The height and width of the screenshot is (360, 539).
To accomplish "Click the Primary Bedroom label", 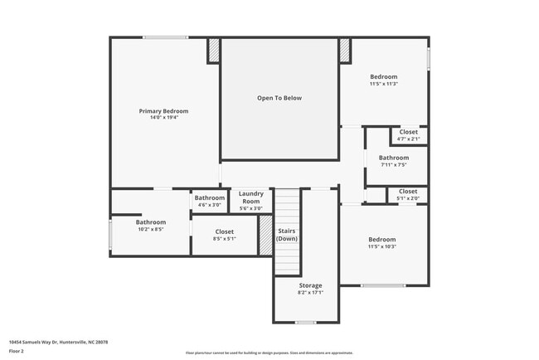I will click(x=163, y=111).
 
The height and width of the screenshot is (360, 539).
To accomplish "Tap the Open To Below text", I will click(x=279, y=98).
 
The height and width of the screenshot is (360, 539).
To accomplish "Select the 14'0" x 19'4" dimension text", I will click(x=163, y=118).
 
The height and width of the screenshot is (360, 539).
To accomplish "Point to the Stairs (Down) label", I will click(x=287, y=234).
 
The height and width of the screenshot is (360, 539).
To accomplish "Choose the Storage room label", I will click(x=309, y=285).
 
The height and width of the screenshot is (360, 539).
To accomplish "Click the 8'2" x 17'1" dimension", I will click(x=309, y=292).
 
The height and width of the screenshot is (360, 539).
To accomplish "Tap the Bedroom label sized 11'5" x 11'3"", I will click(x=383, y=77).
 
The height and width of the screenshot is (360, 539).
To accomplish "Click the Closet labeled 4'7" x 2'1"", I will click(x=408, y=132).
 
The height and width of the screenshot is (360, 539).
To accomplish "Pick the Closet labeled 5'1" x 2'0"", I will click(x=408, y=192).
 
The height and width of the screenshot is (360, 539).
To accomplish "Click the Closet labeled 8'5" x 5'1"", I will click(x=225, y=232).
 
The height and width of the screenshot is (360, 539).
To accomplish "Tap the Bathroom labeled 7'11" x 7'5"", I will click(x=394, y=158).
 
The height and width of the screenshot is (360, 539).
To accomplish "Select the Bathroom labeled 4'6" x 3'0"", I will click(x=210, y=198).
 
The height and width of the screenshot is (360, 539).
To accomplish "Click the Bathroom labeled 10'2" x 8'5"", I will click(x=151, y=222).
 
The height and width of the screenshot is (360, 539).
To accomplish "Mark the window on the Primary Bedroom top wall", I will click(x=164, y=37).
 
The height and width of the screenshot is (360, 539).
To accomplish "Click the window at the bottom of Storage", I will click(x=306, y=323).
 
